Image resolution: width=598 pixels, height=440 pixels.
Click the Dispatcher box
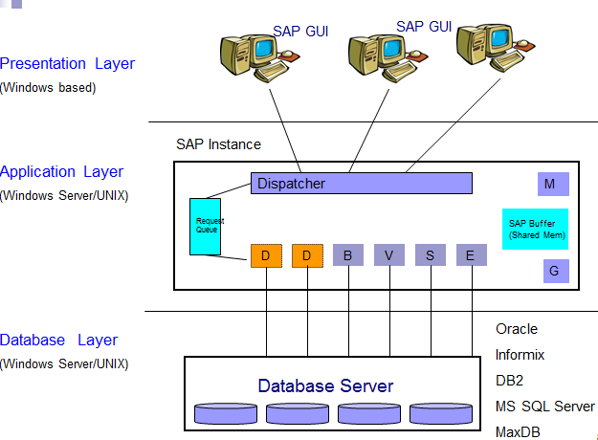coord(362,183)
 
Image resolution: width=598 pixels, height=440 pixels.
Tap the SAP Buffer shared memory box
coord(536,230)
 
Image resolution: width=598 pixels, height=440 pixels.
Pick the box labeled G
coord(552,272)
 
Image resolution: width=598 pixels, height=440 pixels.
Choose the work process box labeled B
coord(347,255)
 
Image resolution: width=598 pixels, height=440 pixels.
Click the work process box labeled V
coord(389,255)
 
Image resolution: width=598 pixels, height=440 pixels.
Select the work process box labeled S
coord(431,255)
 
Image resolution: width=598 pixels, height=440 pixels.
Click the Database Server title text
coord(325,386)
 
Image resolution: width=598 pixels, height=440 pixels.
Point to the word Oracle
coord(517,329)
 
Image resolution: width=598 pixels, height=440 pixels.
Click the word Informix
coord(520,355)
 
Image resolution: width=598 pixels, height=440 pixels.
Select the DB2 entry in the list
coord(509,381)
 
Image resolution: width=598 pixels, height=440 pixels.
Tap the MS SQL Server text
coord(544,407)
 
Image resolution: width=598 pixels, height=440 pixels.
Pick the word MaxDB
coord(518,432)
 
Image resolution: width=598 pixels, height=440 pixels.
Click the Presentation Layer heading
coord(67,64)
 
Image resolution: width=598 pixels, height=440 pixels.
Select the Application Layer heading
coord(62,172)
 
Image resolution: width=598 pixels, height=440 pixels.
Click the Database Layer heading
coord(59,341)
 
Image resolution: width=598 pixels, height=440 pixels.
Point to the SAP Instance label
coord(218,144)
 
